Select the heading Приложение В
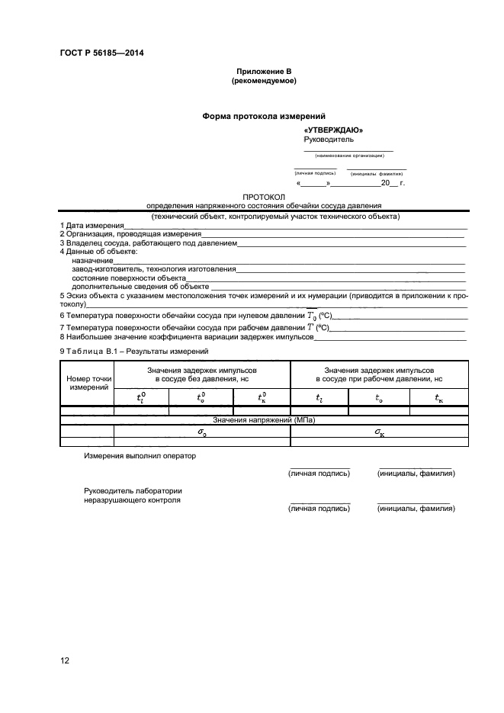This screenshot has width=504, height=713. pos(264,71)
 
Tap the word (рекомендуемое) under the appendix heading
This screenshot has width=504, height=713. pos(264,80)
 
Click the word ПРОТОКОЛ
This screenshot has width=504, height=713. pos(264,197)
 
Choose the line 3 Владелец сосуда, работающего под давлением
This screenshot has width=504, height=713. pos(149,243)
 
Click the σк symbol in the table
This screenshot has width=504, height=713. pos(379,431)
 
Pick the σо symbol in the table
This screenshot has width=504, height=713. pos(202,431)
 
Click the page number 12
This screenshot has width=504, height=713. pos(65,660)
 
